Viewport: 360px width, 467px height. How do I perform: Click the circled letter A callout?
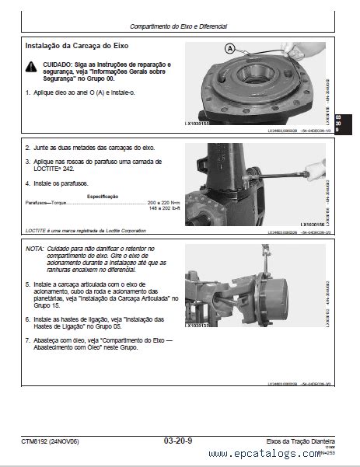click(x=229, y=48)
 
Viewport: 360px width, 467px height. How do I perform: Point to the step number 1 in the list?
click(x=27, y=92)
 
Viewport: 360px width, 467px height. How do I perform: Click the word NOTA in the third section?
click(x=34, y=249)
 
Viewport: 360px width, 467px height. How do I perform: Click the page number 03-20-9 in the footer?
click(x=180, y=441)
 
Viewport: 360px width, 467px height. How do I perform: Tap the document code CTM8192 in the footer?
click(x=37, y=441)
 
